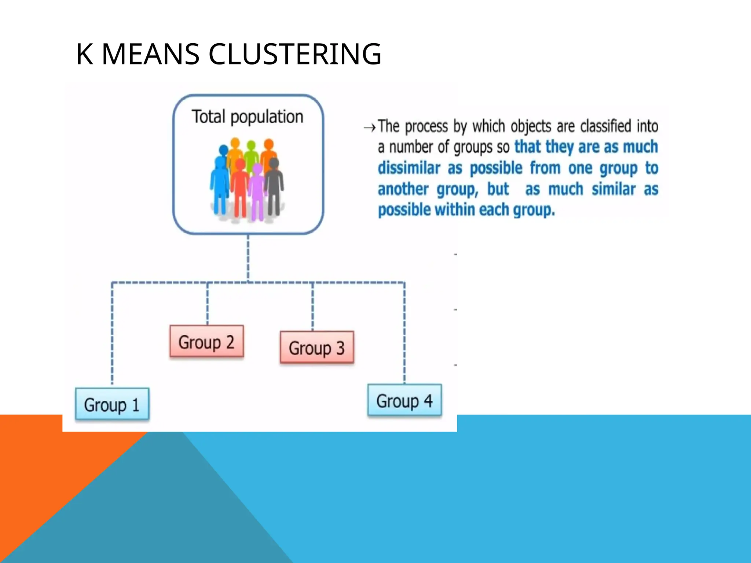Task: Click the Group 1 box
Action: [112, 404]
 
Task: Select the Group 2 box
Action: [206, 341]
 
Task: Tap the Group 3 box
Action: [317, 347]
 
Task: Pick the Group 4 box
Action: [404, 400]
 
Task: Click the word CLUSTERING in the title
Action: [295, 54]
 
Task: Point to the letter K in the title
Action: [84, 54]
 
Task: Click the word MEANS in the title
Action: [150, 54]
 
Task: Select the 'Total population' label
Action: [248, 117]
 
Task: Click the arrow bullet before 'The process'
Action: [370, 128]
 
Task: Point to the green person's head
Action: [251, 146]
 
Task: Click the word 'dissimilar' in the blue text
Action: [409, 168]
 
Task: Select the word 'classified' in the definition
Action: [605, 126]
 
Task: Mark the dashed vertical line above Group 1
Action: [112, 334]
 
